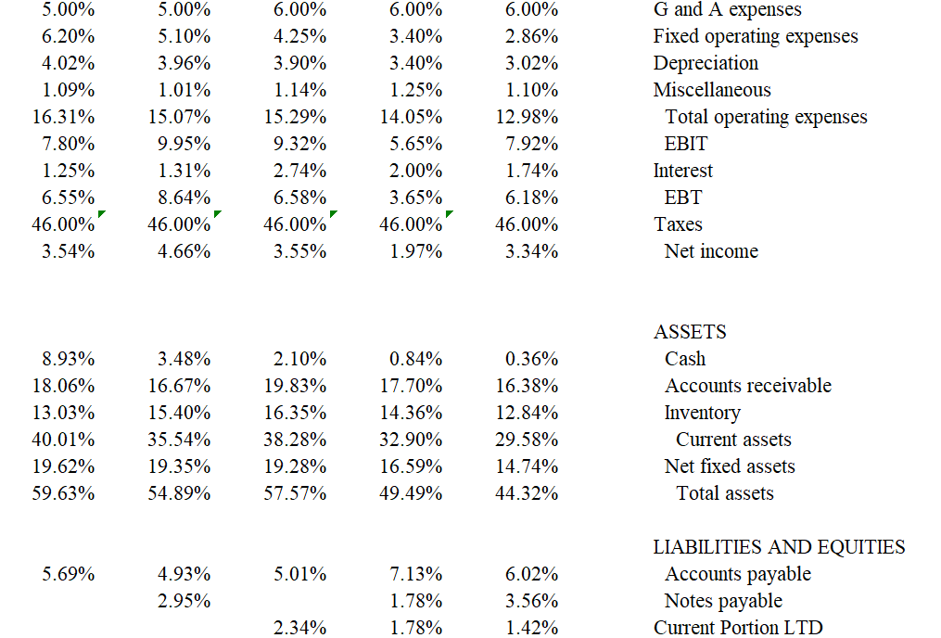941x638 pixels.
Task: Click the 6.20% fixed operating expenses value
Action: (68, 36)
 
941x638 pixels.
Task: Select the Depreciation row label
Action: (706, 63)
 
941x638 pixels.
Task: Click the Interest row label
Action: (683, 171)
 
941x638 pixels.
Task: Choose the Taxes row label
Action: (678, 224)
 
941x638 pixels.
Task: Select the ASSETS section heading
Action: (690, 332)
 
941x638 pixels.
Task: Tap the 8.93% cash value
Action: (68, 359)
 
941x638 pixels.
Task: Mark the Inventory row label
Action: (702, 413)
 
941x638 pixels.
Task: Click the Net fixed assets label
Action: (730, 466)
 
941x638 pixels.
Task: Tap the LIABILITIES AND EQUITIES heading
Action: (779, 547)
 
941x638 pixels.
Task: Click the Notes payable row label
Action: (723, 601)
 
